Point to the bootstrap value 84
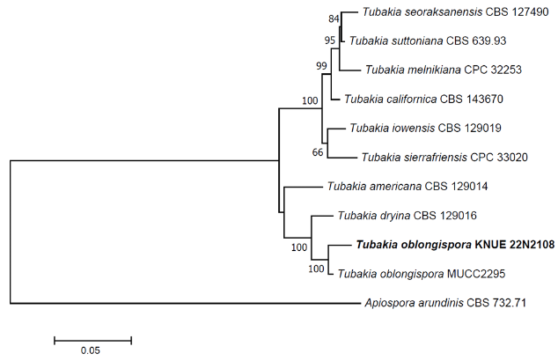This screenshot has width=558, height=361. tap(333, 18)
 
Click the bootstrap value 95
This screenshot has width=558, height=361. tap(330, 40)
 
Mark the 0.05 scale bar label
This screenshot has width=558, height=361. tap(92, 350)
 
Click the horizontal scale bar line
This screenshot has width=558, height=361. tap(92, 338)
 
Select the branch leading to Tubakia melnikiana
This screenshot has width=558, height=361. tap(350, 70)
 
